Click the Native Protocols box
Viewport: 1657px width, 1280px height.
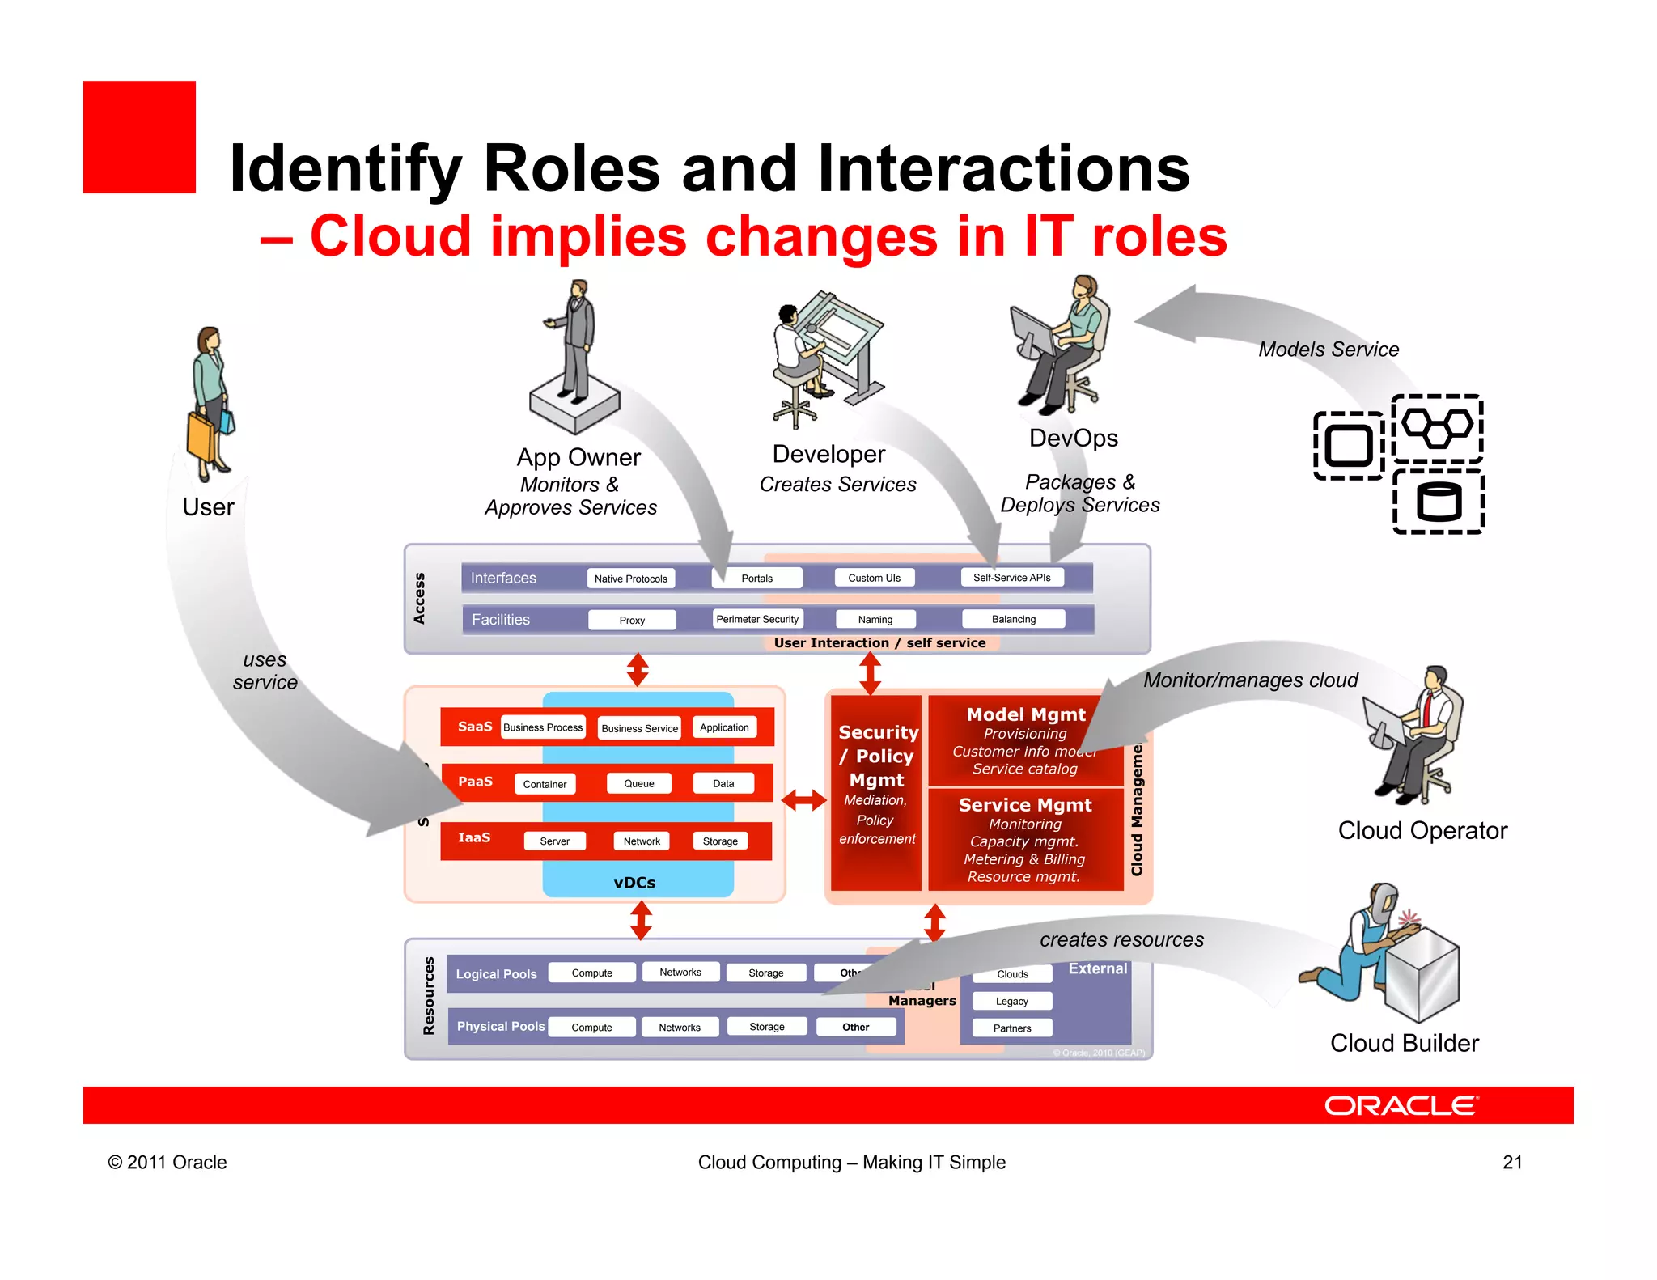[x=630, y=579]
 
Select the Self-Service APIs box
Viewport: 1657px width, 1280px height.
[x=1011, y=578]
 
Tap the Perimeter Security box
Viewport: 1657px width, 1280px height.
[x=757, y=619]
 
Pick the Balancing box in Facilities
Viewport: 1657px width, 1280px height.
[x=1013, y=619]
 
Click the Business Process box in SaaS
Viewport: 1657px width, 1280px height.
[x=542, y=727]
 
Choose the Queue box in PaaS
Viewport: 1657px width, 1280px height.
[x=638, y=783]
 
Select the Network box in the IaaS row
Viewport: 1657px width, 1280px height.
[x=642, y=841]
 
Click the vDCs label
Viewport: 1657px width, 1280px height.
[x=634, y=883]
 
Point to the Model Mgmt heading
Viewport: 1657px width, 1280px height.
[x=1025, y=714]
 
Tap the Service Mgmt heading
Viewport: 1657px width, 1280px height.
[x=1025, y=805]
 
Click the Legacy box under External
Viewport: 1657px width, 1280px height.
[x=1011, y=1002]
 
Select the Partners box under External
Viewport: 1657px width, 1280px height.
[x=1011, y=1028]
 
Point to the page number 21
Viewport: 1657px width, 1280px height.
[x=1512, y=1163]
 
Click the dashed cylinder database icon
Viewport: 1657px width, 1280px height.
[x=1439, y=502]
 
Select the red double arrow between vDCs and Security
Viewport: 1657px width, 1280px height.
[x=803, y=800]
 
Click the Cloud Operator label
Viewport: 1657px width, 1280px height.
[x=1422, y=831]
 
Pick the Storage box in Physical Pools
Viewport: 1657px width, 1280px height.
[x=766, y=1027]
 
